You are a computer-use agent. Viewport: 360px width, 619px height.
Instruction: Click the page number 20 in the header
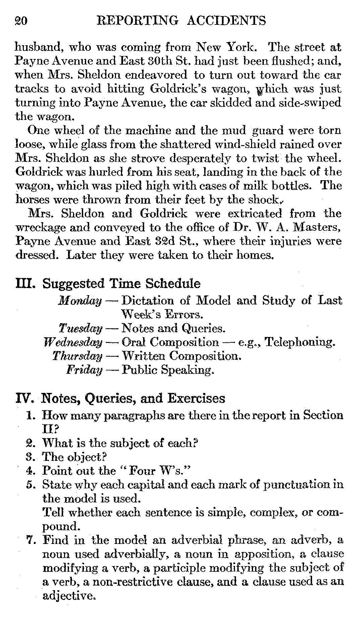point(21,21)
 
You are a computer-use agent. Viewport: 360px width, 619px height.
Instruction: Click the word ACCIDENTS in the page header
point(226,21)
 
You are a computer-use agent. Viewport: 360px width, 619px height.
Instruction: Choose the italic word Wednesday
point(73,342)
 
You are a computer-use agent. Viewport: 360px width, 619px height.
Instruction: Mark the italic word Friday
point(84,370)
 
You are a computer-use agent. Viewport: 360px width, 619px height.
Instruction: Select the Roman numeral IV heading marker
point(25,399)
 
